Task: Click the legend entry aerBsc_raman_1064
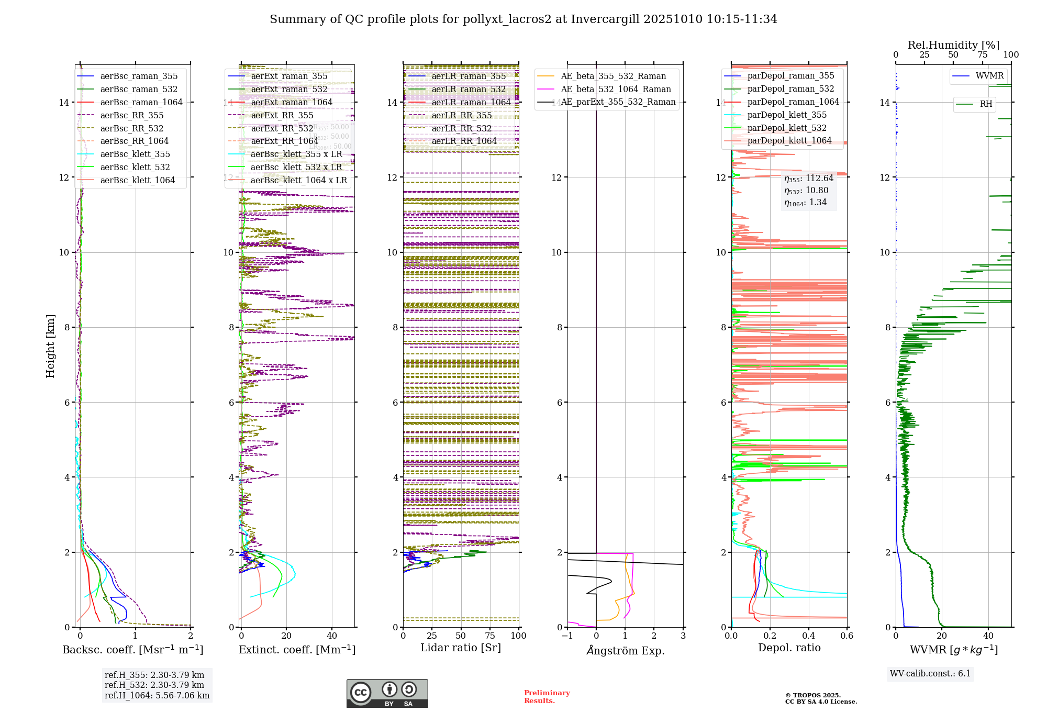[141, 102]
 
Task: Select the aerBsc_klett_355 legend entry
[135, 154]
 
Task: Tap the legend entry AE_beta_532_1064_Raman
[616, 89]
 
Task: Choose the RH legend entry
[986, 104]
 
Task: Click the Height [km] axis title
[50, 346]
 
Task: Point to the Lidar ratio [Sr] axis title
[461, 648]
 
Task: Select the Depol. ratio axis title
[789, 648]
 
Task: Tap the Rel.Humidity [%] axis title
[953, 45]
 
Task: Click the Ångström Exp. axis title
[625, 650]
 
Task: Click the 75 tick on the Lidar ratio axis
[490, 636]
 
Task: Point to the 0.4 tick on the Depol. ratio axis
[808, 636]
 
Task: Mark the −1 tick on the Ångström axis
[567, 636]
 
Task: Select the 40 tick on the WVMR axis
[988, 636]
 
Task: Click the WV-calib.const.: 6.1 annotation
[930, 674]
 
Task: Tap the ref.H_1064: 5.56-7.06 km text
[157, 696]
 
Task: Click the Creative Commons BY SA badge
[387, 693]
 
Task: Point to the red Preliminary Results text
[547, 697]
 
